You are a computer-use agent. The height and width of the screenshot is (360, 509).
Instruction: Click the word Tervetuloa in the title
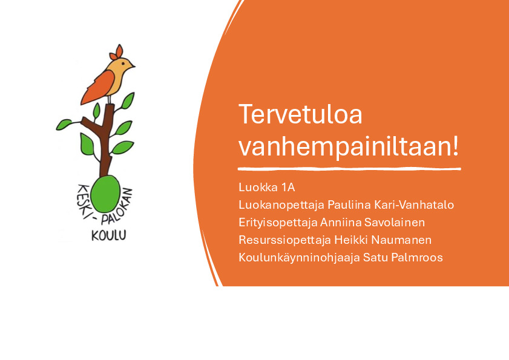pos(300,114)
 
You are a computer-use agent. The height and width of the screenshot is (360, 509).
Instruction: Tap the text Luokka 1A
pos(267,188)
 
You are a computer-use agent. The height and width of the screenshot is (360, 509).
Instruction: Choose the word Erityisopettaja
pos(278,223)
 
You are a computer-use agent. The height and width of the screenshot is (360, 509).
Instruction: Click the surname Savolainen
pos(395,223)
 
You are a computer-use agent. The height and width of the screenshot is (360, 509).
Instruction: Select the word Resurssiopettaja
pos(284,240)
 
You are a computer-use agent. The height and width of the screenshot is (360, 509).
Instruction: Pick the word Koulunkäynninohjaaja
pos(300,258)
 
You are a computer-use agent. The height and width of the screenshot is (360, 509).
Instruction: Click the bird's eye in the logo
pos(123,64)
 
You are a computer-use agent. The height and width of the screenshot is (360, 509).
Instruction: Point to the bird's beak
pos(133,66)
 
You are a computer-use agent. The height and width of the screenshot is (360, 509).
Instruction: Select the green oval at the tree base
pos(105,194)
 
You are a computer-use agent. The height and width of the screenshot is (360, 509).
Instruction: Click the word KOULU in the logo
pos(109,235)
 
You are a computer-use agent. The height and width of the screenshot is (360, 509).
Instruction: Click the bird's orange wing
pos(97,87)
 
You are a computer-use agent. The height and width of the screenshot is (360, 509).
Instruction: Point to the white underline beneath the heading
pos(349,169)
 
